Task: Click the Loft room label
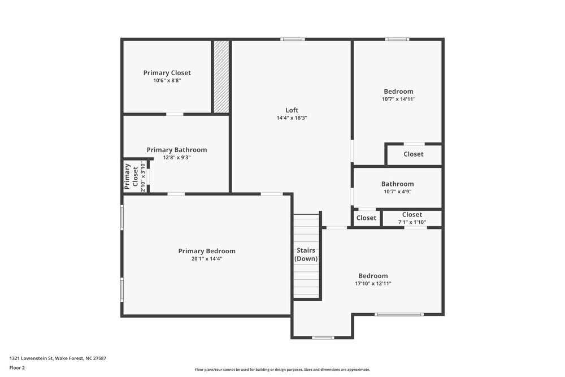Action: point(292,110)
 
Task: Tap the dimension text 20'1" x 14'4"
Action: point(207,259)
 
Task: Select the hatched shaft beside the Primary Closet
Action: point(221,76)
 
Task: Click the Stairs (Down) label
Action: point(306,254)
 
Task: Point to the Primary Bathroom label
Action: point(176,150)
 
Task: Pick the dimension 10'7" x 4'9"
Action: point(397,192)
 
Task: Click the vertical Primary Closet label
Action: point(131,176)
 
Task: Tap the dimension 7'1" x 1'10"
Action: point(412,222)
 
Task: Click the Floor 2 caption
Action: point(17,367)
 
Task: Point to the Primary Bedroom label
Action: point(207,251)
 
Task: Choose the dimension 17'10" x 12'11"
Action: point(372,284)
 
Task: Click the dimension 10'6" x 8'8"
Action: point(167,81)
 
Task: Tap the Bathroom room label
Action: point(397,184)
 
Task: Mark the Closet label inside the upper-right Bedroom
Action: point(413,154)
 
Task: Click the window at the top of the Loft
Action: point(293,39)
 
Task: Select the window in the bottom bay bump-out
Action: point(323,337)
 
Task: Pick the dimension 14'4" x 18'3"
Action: point(292,118)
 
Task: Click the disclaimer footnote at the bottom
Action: point(282,369)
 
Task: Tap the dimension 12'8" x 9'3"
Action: point(176,158)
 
